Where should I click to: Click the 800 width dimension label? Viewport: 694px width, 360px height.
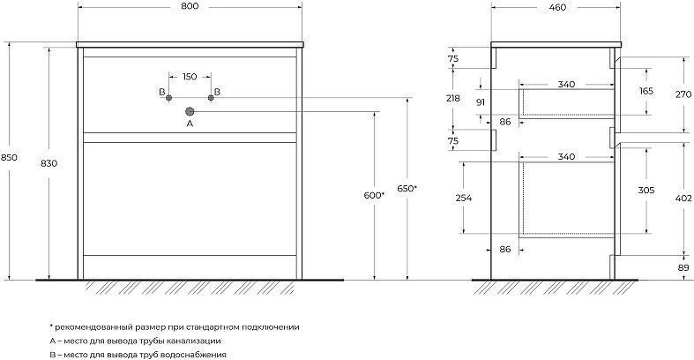pos(190,7)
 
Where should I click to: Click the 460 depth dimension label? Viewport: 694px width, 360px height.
pos(557,7)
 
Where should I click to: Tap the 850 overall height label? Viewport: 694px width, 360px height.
pos(9,157)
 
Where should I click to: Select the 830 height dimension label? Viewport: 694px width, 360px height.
pos(49,163)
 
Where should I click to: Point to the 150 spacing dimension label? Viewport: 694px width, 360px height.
pos(190,77)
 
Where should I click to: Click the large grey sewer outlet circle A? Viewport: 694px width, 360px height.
pos(190,111)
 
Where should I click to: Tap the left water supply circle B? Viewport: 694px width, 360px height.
pos(168,98)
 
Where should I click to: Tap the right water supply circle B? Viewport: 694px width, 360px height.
pos(211,98)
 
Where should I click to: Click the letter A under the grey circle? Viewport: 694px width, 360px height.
pos(190,124)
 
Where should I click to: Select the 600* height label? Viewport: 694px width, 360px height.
pos(374,195)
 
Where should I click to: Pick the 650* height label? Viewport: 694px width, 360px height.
pos(407,189)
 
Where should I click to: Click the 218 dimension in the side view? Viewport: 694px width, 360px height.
pos(452,98)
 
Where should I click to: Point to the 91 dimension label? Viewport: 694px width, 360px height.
pos(481,102)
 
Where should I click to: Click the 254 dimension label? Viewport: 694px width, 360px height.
pos(464,198)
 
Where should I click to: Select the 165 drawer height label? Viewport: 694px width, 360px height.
pos(646,91)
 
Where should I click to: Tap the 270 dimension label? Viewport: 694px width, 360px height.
pos(683,94)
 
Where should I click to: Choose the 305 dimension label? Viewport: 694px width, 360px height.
pos(646,191)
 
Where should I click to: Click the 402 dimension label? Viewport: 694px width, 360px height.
pos(683,199)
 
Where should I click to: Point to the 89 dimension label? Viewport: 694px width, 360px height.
pos(683,267)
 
